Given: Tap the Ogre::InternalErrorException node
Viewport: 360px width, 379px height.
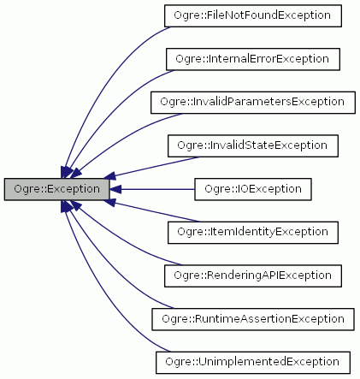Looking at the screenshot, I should click(254, 59).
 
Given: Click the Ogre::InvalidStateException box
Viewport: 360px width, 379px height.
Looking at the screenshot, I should click(254, 145).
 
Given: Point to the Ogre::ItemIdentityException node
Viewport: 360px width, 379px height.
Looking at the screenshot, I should click(254, 231).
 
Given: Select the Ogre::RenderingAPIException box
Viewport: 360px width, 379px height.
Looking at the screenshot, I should click(254, 275).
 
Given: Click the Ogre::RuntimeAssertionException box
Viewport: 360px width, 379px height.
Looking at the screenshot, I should click(254, 318).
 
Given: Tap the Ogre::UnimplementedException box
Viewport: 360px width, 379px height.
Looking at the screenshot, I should click(254, 361).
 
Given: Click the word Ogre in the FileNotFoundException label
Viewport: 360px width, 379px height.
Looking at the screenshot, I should click(183, 16).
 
